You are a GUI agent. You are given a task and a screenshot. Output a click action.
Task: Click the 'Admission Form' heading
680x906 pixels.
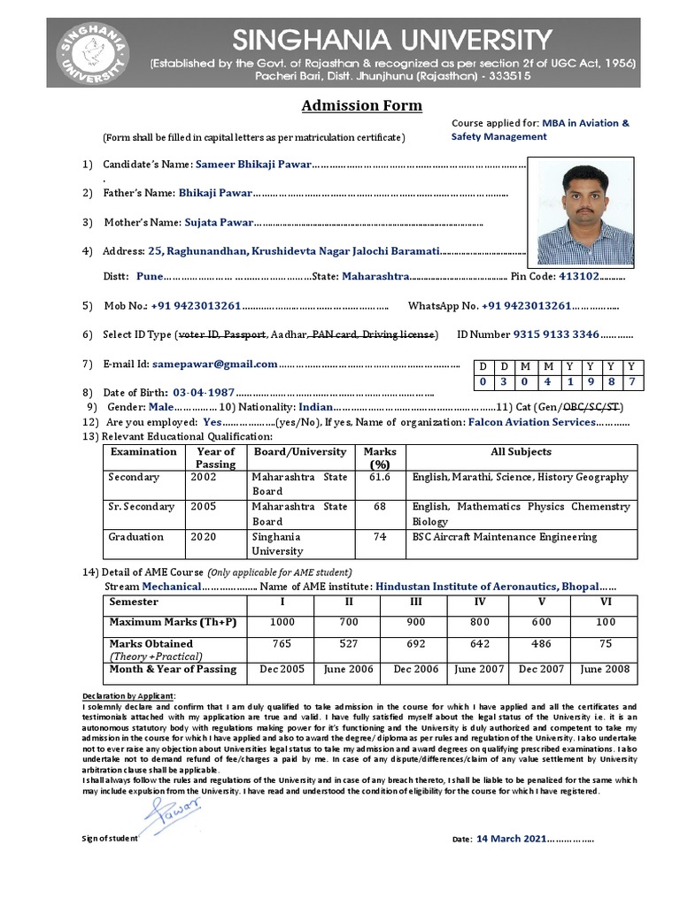click(361, 106)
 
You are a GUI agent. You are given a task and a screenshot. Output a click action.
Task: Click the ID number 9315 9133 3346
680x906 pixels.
click(556, 334)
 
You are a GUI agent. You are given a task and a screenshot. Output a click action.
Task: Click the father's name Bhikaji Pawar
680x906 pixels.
click(215, 192)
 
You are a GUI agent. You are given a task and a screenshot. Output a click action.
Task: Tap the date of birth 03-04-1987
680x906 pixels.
click(204, 392)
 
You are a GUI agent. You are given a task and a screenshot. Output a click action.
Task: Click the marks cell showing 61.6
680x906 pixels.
click(380, 477)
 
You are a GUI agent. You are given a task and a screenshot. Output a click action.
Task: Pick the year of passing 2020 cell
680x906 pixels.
click(203, 537)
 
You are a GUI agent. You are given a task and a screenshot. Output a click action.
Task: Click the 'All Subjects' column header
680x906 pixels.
click(521, 452)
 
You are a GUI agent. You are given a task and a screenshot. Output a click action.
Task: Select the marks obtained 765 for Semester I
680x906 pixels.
click(282, 644)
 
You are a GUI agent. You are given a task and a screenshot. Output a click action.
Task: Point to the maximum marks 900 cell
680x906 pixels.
click(414, 622)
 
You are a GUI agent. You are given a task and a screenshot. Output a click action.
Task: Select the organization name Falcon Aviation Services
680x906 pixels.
click(531, 422)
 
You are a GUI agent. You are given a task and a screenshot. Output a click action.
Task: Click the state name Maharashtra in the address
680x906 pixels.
click(375, 276)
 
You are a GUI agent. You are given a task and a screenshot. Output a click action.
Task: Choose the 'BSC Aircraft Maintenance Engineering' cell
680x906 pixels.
click(505, 537)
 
